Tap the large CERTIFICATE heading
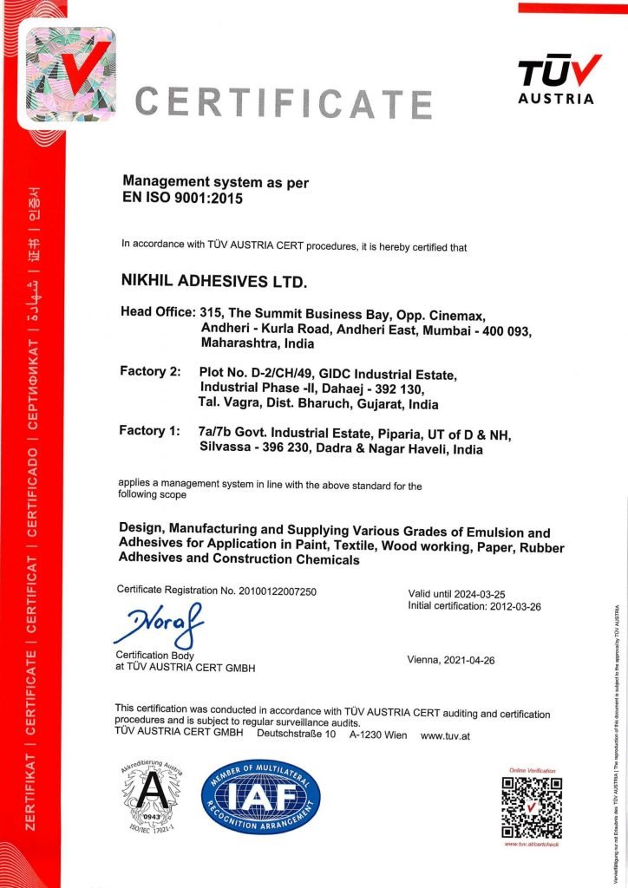(284, 102)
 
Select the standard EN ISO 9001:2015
(182, 199)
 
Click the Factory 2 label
(148, 372)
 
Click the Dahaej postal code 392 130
(417, 388)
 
